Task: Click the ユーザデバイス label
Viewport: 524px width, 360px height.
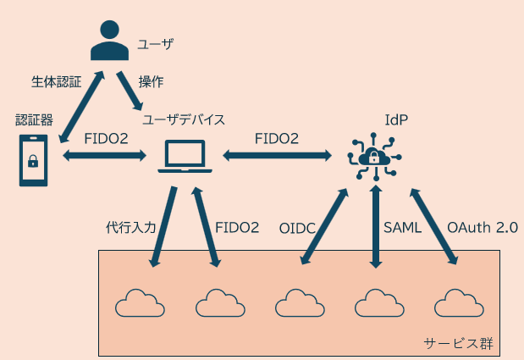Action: click(183, 119)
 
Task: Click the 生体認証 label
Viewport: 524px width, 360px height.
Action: click(56, 82)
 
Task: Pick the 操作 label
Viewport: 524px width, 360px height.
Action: click(151, 82)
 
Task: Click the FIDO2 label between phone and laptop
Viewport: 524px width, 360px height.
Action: click(106, 137)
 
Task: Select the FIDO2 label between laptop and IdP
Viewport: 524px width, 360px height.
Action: click(277, 137)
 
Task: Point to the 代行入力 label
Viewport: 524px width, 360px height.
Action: click(131, 227)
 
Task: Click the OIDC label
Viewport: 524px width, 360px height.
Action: click(299, 228)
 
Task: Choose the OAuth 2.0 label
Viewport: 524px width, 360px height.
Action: click(482, 228)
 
